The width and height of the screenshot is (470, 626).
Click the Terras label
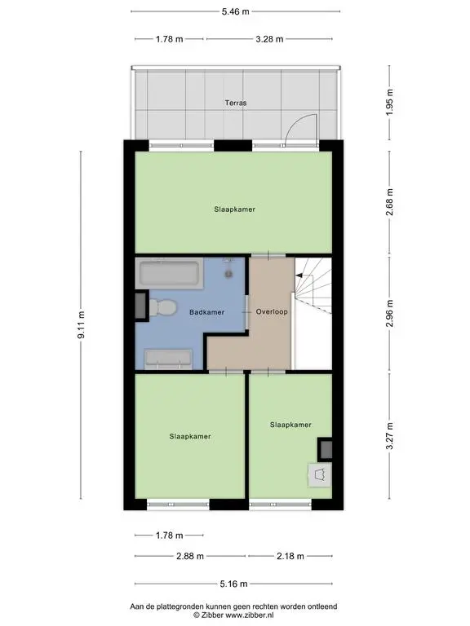(235, 103)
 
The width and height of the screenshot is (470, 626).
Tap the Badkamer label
(206, 312)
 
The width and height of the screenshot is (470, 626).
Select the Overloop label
(272, 312)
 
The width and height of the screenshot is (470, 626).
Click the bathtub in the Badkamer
(170, 273)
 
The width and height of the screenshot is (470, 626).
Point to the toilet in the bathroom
(162, 308)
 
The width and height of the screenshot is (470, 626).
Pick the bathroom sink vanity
(168, 359)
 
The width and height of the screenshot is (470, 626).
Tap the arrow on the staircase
(304, 276)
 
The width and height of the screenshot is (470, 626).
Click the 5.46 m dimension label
(235, 11)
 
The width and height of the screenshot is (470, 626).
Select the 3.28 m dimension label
(269, 39)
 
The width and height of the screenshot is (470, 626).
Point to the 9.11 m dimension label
(81, 325)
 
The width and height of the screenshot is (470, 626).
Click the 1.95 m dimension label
(390, 102)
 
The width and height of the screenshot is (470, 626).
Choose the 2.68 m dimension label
(390, 202)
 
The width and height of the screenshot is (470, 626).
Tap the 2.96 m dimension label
(390, 313)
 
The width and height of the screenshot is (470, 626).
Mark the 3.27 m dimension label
(390, 435)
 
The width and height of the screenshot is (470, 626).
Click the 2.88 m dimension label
(190, 556)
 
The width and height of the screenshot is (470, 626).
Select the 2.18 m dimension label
(290, 556)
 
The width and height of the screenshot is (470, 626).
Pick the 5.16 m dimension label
(234, 584)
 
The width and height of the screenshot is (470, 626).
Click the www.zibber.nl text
(250, 615)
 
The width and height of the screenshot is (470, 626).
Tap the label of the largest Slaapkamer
(235, 209)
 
